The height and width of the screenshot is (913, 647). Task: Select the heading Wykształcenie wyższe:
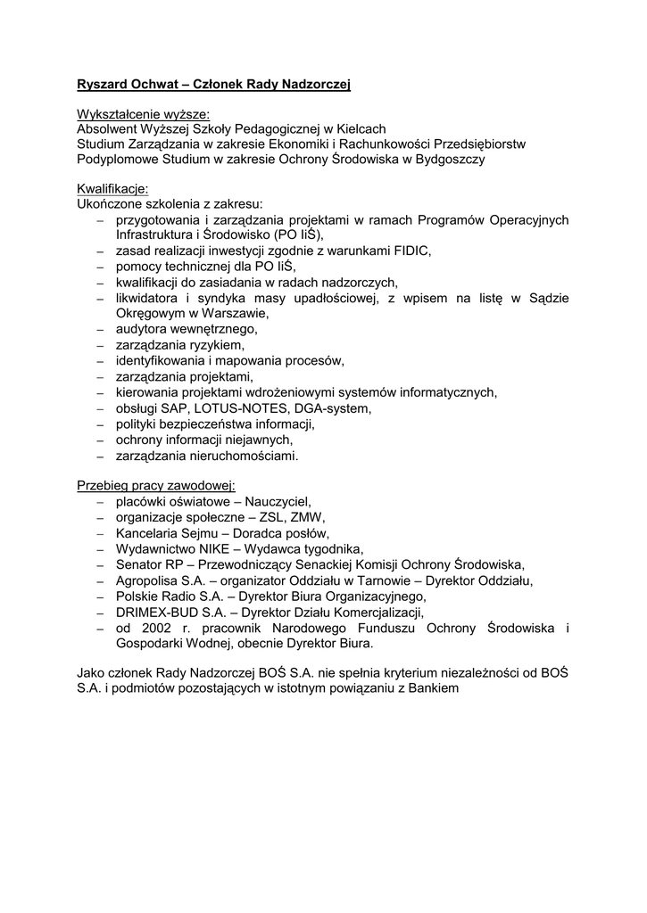point(144,114)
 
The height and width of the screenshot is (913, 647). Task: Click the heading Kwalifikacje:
point(113,189)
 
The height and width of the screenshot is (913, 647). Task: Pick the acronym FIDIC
point(410,251)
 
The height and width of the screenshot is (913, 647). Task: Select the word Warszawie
point(228,313)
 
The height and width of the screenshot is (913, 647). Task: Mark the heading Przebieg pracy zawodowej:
point(156,486)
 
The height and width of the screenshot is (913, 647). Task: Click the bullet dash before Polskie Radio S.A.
point(101,596)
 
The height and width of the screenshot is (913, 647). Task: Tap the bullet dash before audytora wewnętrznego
point(101,329)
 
